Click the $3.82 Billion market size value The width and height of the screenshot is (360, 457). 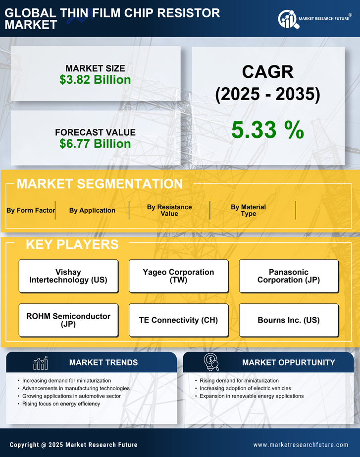pyautogui.click(x=95, y=80)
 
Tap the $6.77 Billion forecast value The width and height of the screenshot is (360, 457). pyautogui.click(x=95, y=144)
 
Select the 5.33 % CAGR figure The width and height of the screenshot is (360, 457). pyautogui.click(x=267, y=130)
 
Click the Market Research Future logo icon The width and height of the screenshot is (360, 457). pyautogui.click(x=287, y=19)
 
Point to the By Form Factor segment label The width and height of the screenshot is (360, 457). pyautogui.click(x=31, y=210)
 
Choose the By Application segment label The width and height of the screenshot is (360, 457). pyautogui.click(x=92, y=210)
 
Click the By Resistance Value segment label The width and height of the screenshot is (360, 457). pyautogui.click(x=169, y=210)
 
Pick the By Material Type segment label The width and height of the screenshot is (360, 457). pyautogui.click(x=248, y=210)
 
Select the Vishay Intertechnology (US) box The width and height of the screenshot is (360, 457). pyautogui.click(x=68, y=276)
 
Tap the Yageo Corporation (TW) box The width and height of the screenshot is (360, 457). pyautogui.click(x=178, y=276)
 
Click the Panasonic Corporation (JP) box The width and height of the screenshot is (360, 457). pyautogui.click(x=289, y=276)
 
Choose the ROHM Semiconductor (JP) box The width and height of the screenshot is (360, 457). pyautogui.click(x=68, y=320)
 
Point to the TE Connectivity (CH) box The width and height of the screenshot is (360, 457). pyautogui.click(x=178, y=320)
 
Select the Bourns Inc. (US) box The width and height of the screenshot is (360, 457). pyautogui.click(x=289, y=320)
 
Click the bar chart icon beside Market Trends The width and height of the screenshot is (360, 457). pyautogui.click(x=40, y=363)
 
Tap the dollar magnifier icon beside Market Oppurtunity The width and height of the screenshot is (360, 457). pyautogui.click(x=211, y=362)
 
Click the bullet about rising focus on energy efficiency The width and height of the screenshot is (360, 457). pyautogui.click(x=61, y=404)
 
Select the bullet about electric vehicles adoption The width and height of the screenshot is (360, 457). pyautogui.click(x=245, y=388)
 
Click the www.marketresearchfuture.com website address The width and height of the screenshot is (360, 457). pyautogui.click(x=301, y=445)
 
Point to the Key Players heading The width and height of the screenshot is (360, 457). pyautogui.click(x=72, y=244)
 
